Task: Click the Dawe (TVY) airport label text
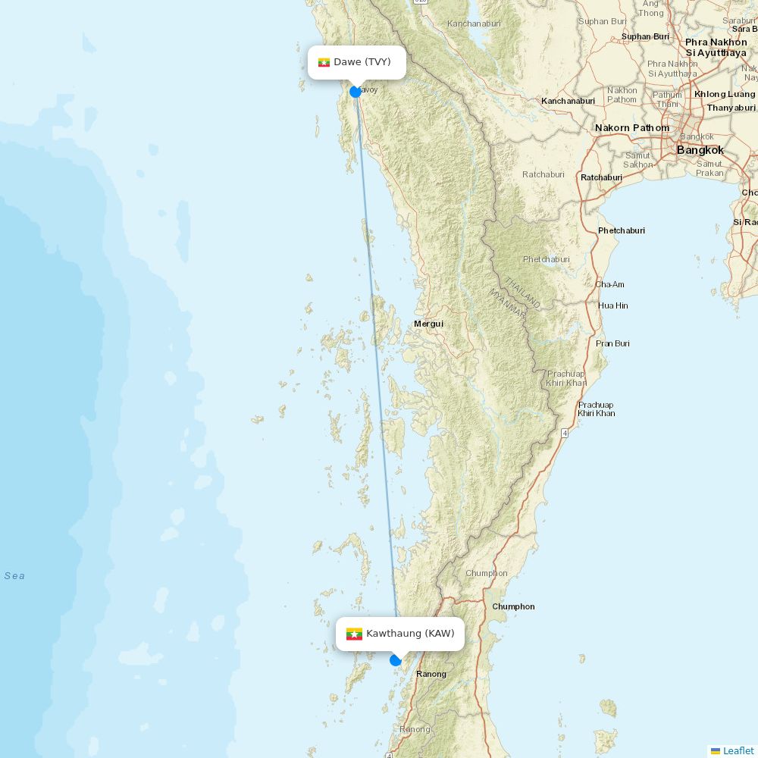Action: pyautogui.click(x=362, y=62)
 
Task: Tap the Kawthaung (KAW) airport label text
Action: pyautogui.click(x=410, y=634)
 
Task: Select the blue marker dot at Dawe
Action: pyautogui.click(x=356, y=92)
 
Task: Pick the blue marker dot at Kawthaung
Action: pyautogui.click(x=395, y=660)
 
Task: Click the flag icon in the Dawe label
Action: pyautogui.click(x=324, y=62)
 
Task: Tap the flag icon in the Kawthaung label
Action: pyautogui.click(x=354, y=634)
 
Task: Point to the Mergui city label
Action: pyautogui.click(x=428, y=324)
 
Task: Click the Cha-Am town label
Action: pyautogui.click(x=609, y=284)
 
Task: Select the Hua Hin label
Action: pyautogui.click(x=613, y=305)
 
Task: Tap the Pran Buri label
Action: pyautogui.click(x=612, y=343)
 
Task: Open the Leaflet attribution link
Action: pyautogui.click(x=738, y=750)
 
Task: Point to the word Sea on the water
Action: pyautogui.click(x=14, y=576)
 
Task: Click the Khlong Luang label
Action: pyautogui.click(x=725, y=94)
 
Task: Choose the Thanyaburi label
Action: pyautogui.click(x=731, y=108)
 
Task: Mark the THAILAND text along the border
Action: pyautogui.click(x=522, y=293)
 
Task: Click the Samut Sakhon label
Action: pyautogui.click(x=637, y=160)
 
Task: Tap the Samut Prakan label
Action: pyautogui.click(x=709, y=168)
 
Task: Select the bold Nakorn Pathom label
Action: pyautogui.click(x=632, y=127)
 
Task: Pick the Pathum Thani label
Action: pyautogui.click(x=667, y=99)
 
